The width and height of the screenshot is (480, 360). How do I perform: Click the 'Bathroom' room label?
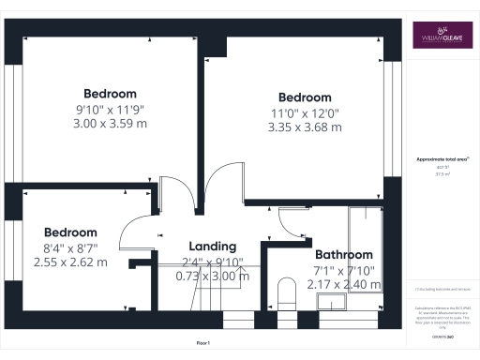pyautogui.click(x=343, y=254)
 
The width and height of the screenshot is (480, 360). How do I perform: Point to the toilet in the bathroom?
pyautogui.click(x=289, y=292)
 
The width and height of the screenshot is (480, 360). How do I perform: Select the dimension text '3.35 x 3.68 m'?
pyautogui.click(x=305, y=127)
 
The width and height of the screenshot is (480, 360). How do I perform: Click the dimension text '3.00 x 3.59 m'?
pyautogui.click(x=110, y=123)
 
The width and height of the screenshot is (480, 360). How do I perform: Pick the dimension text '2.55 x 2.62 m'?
pyautogui.click(x=70, y=262)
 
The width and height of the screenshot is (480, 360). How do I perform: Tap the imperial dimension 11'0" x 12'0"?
pyautogui.click(x=305, y=113)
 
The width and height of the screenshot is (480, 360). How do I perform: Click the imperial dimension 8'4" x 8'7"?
pyautogui.click(x=70, y=247)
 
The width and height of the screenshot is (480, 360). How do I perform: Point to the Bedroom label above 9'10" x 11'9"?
pyautogui.click(x=110, y=94)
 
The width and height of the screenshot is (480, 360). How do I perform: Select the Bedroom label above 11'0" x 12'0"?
pyautogui.click(x=305, y=97)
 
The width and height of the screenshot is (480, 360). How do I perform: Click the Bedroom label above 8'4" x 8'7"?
pyautogui.click(x=70, y=232)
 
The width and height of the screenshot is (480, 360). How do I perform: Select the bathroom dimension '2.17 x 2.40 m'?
pyautogui.click(x=343, y=284)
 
